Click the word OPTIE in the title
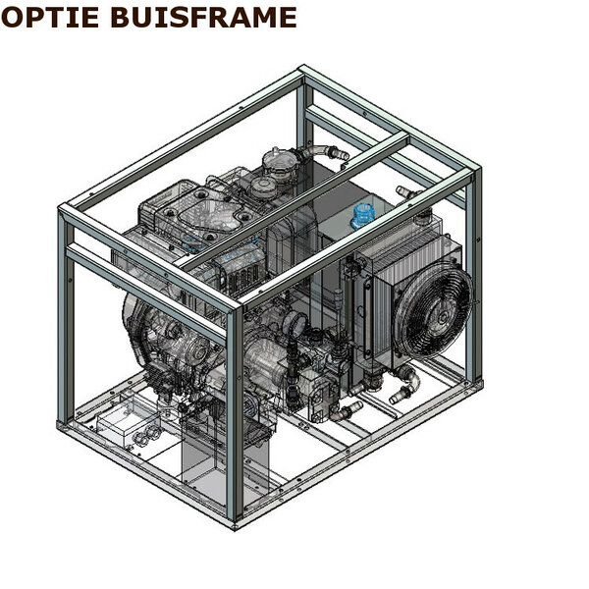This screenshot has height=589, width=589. point(50,18)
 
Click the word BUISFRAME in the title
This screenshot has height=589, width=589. point(204,18)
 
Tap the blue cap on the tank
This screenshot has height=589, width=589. point(362,215)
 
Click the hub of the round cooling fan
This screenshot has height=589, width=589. point(442,318)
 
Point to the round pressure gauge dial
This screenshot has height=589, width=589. point(295,321)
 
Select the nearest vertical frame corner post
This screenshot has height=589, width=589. point(236,413)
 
